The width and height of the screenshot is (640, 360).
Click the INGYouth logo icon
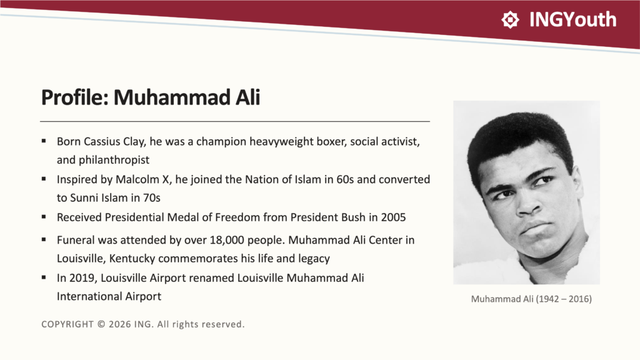point(510,19)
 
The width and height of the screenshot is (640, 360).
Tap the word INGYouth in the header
point(572,19)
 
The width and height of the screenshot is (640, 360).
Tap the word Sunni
point(83,198)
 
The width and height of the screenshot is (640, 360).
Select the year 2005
point(393,217)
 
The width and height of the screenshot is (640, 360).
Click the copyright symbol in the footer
point(101,324)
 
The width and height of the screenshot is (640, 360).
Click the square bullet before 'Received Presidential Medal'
point(44,217)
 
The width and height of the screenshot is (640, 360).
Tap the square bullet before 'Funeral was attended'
point(44,239)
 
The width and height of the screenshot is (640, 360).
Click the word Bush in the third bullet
point(354,217)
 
